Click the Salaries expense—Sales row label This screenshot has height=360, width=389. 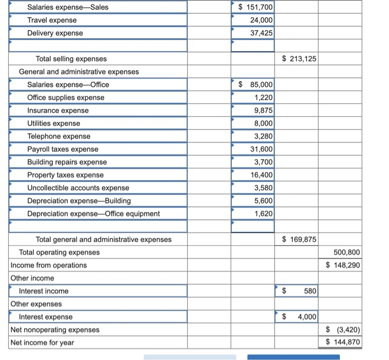click(68, 7)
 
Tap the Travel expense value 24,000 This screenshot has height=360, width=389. click(261, 20)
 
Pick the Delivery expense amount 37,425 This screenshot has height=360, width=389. click(261, 33)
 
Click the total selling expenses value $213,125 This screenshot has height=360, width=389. click(299, 58)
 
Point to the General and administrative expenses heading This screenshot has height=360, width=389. click(79, 72)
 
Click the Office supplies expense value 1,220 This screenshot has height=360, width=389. click(263, 97)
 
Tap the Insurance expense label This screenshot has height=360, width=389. click(58, 110)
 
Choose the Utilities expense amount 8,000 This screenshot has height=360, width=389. click(263, 123)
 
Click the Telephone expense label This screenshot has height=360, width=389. click(58, 136)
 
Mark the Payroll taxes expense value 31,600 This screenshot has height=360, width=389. click(261, 149)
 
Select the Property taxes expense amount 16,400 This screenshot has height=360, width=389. click(261, 175)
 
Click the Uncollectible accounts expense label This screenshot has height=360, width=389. click(78, 188)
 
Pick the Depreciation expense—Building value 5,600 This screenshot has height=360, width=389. click(263, 200)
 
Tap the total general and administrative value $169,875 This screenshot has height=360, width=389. click(299, 239)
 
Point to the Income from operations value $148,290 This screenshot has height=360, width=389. click(343, 265)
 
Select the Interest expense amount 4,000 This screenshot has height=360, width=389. click(306, 317)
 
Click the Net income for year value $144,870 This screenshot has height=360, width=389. click(343, 342)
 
